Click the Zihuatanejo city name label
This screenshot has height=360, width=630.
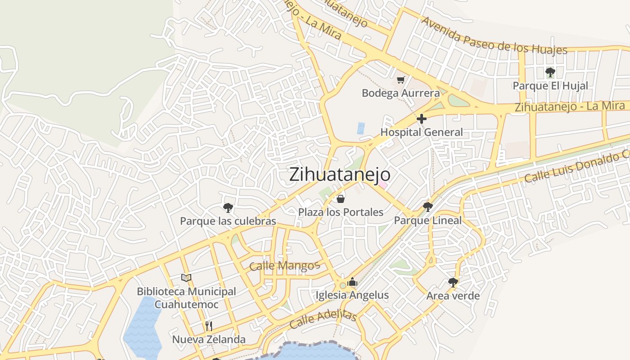coord(340,175)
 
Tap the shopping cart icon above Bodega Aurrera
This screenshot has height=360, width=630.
coord(401,80)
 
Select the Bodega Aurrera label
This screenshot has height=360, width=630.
coord(400,93)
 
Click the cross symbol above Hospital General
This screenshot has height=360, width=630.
coord(422,119)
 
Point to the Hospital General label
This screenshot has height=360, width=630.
coord(422,132)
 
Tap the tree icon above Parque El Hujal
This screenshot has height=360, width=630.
coord(550,72)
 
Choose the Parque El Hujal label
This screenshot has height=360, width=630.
coord(550,85)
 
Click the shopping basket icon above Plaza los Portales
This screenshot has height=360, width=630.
coord(341,199)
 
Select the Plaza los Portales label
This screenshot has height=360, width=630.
coord(341,212)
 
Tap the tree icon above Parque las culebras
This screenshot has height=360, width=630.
coord(228,207)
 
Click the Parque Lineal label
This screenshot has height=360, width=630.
coord(428,220)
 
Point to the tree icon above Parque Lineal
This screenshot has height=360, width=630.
coord(428,207)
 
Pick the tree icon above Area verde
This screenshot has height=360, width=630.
coord(453,283)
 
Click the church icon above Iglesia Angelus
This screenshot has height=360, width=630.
coord(352,282)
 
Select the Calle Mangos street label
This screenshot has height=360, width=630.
coord(284,266)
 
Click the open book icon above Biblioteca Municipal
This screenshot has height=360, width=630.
coord(186,278)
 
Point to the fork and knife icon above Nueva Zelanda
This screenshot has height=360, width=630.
coord(209,326)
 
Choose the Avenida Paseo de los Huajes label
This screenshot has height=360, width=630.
coord(494,36)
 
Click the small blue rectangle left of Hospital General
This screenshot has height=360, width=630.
coord(361,128)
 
